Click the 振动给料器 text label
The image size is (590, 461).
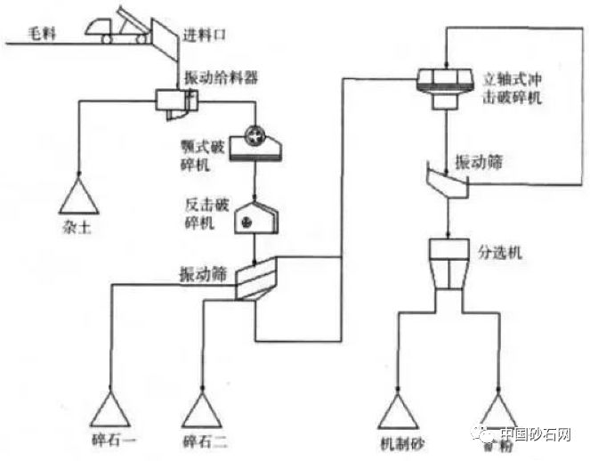[222, 78]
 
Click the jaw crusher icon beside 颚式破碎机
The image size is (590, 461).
[255, 143]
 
